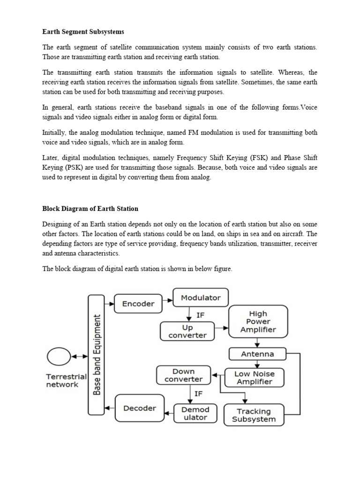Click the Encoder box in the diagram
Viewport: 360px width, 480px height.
pyautogui.click(x=138, y=304)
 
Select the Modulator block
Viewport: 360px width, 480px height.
pyautogui.click(x=201, y=298)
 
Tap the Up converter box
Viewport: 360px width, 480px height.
pyautogui.click(x=187, y=330)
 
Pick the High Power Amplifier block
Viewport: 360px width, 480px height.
pyautogui.click(x=258, y=322)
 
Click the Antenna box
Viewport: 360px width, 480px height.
pyautogui.click(x=257, y=354)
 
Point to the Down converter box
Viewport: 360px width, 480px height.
pyautogui.click(x=183, y=375)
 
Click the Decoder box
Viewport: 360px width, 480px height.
pyautogui.click(x=139, y=408)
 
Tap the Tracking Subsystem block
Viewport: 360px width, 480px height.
pyautogui.click(x=254, y=415)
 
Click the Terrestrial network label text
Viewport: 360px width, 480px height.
pyautogui.click(x=66, y=380)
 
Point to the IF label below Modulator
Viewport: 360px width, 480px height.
pyautogui.click(x=201, y=315)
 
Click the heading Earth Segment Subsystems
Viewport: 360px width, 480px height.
pyautogui.click(x=84, y=31)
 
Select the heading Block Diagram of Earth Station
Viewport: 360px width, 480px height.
pyautogui.click(x=90, y=208)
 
